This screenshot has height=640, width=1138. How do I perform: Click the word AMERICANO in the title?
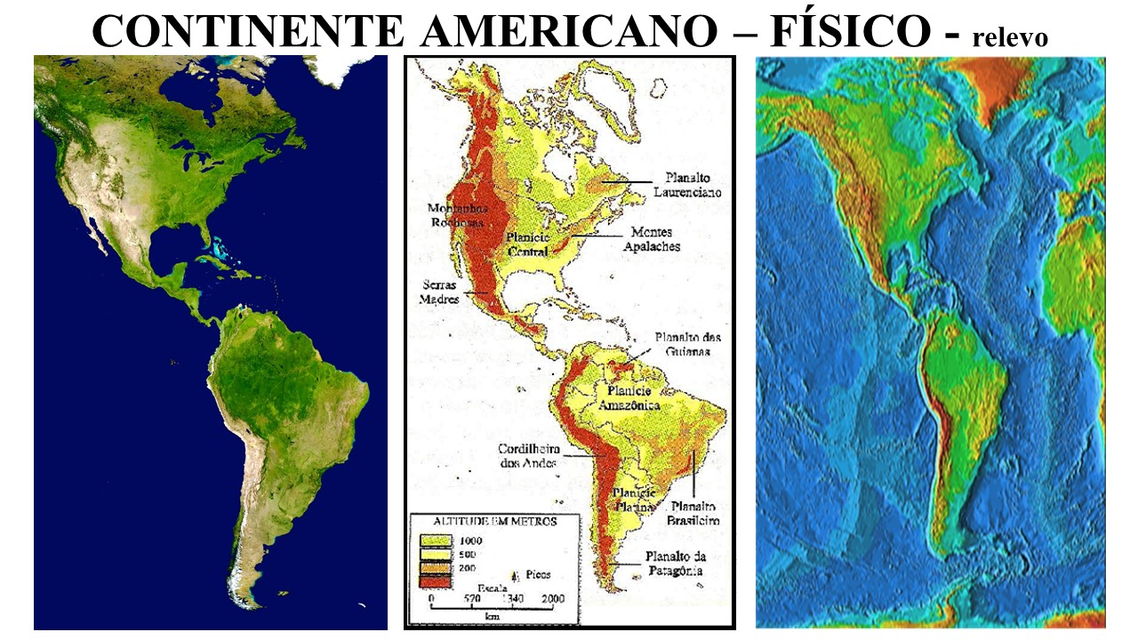[569, 31]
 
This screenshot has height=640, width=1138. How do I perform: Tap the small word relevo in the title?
[1010, 37]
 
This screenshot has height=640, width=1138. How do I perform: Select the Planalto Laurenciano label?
[685, 184]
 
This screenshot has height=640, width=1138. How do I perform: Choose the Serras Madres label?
[438, 292]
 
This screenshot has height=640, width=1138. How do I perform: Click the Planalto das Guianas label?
[687, 344]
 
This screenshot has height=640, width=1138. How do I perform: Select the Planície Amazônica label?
[628, 397]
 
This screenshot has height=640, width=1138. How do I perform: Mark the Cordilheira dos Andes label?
[528, 455]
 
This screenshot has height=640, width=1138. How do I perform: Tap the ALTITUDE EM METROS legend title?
[495, 521]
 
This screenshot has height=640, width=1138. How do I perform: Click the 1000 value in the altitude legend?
[471, 540]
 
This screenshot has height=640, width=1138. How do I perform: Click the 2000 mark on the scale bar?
[553, 600]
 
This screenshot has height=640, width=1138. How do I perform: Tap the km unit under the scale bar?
[491, 615]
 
